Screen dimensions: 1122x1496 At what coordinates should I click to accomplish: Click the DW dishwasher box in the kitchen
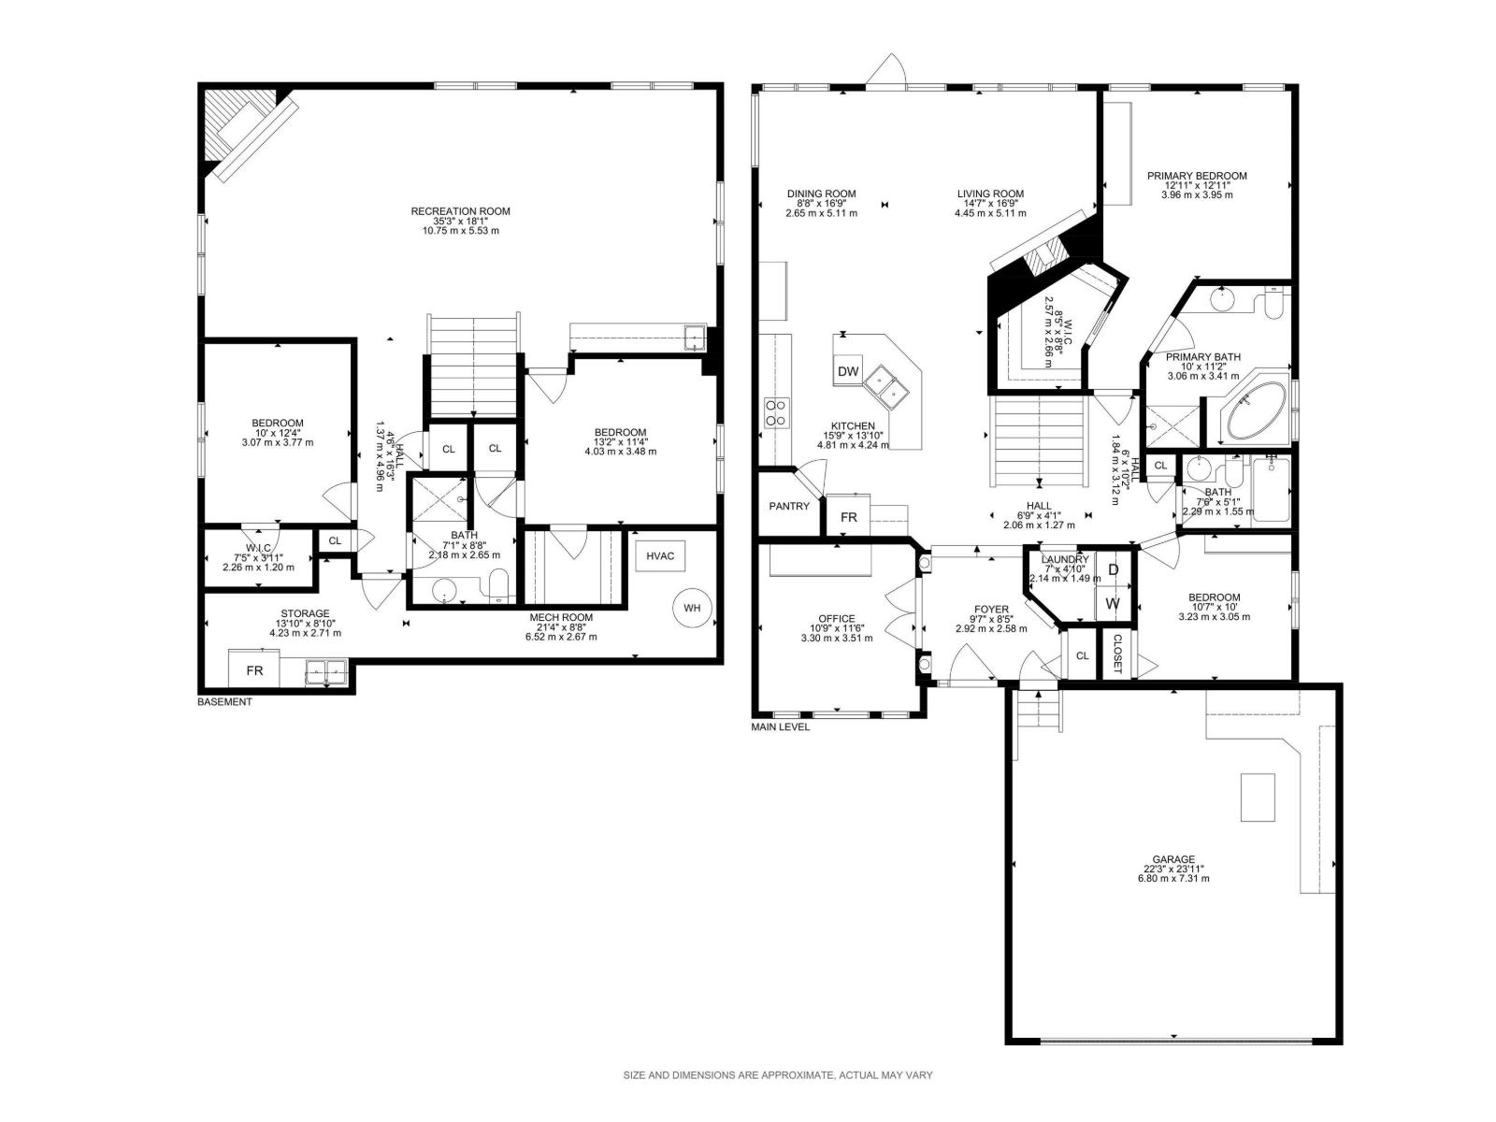tap(847, 371)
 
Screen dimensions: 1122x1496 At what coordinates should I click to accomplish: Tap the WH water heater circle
tap(691, 608)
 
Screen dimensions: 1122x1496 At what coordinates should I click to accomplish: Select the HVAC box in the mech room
tap(660, 555)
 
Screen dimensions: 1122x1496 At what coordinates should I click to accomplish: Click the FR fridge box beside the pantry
tap(848, 517)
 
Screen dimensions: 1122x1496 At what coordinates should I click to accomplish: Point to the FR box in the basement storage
tap(254, 670)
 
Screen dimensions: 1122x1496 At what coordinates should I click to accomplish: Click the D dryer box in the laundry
tap(1113, 569)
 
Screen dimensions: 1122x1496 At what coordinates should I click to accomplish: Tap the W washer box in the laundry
tap(1113, 603)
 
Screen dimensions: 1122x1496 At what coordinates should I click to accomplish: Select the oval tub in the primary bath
tap(1257, 412)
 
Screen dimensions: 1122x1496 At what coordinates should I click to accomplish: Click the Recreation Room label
tap(460, 211)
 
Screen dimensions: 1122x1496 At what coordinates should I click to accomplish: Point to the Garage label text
tap(1172, 859)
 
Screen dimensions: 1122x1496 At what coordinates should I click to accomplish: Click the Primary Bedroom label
tap(1197, 176)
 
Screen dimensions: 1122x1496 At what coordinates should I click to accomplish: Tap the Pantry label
tap(788, 506)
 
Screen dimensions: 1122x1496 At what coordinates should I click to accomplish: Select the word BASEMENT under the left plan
tap(224, 701)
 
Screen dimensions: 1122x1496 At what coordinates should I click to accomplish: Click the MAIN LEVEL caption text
tap(781, 726)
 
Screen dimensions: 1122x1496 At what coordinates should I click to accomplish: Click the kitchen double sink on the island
tap(885, 384)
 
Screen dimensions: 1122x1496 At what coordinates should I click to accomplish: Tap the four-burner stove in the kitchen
tap(776, 412)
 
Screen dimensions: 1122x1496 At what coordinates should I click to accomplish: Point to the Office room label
tap(836, 619)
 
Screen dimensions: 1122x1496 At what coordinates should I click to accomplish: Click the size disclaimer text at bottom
tap(778, 1075)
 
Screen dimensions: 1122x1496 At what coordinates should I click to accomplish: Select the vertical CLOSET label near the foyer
tap(1117, 654)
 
